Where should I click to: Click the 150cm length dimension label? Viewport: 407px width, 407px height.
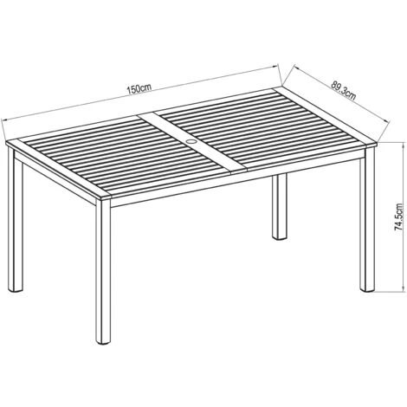139,88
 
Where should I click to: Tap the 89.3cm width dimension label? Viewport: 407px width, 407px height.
344,91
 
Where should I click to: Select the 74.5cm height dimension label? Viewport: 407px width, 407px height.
398,217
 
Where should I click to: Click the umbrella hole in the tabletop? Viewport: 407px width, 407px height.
191,142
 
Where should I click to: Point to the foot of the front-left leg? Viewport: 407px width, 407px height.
103,342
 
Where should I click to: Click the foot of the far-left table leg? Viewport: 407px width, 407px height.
16,290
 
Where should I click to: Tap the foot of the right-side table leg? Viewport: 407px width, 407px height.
367,289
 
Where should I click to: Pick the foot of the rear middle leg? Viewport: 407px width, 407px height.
280,238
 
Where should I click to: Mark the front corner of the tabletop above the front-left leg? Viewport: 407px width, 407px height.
112,197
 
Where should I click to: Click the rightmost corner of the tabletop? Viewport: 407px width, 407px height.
378,142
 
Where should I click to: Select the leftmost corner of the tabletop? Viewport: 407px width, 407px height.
6,142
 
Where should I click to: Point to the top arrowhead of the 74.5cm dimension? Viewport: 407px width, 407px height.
403,144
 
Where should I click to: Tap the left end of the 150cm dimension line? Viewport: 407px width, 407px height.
2,120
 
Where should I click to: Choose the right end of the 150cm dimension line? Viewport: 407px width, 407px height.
277,66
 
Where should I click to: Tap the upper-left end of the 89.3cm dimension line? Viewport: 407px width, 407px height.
294,67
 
